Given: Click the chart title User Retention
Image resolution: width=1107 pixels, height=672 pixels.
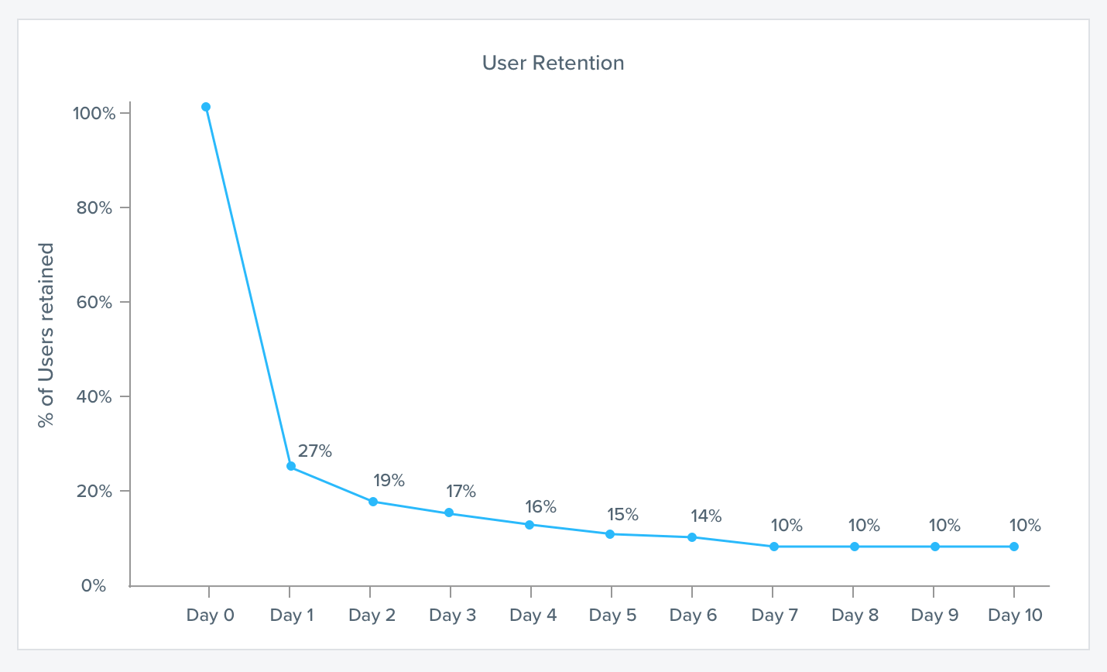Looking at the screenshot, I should [553, 63].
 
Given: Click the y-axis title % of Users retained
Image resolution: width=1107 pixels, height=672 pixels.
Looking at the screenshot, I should [46, 335].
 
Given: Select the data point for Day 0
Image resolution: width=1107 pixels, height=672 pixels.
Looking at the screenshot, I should [206, 107].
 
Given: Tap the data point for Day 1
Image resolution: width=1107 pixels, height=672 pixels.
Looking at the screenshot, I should [291, 466].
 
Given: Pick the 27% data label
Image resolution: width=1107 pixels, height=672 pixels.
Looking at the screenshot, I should [315, 451].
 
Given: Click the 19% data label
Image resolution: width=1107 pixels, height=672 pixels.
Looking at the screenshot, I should [389, 480].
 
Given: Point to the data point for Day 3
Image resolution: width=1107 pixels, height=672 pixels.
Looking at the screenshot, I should [449, 513].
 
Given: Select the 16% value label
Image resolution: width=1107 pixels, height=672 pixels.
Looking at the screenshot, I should [540, 506].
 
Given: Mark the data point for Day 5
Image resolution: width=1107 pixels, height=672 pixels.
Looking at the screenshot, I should [610, 534].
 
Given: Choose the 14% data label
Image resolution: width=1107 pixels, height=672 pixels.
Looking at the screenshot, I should [706, 516].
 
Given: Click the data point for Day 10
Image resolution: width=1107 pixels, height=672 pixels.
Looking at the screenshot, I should [1014, 547].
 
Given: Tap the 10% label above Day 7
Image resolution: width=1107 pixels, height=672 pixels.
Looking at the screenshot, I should [787, 525].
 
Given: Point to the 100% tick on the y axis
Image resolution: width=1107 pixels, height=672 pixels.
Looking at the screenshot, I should [94, 114].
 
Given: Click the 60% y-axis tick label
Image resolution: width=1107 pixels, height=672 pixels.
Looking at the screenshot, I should [94, 303].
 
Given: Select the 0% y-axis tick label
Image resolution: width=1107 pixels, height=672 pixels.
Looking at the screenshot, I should [94, 586].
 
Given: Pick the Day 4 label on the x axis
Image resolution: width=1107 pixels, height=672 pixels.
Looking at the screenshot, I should [533, 615].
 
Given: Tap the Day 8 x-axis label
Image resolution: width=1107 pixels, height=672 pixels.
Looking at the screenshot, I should [855, 615].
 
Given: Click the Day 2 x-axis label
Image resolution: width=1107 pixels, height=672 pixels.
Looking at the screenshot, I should [372, 615].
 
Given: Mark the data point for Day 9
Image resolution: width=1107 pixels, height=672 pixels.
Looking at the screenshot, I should [935, 547].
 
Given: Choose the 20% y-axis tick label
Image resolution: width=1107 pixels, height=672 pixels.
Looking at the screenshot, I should [94, 492].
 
